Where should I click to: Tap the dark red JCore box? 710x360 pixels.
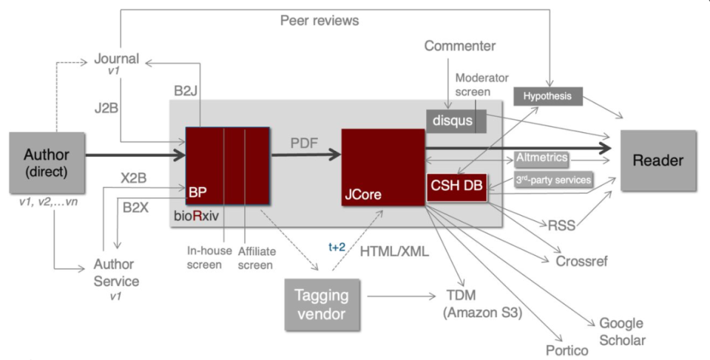379,166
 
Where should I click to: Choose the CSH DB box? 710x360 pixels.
456,187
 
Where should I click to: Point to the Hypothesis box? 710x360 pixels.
548,96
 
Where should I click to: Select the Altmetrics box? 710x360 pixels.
542,157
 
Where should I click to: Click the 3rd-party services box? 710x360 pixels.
553,180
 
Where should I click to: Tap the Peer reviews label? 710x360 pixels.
319,21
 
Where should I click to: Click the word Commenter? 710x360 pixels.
459,47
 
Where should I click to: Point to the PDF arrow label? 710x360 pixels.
302,142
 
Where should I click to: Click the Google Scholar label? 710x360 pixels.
621,331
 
